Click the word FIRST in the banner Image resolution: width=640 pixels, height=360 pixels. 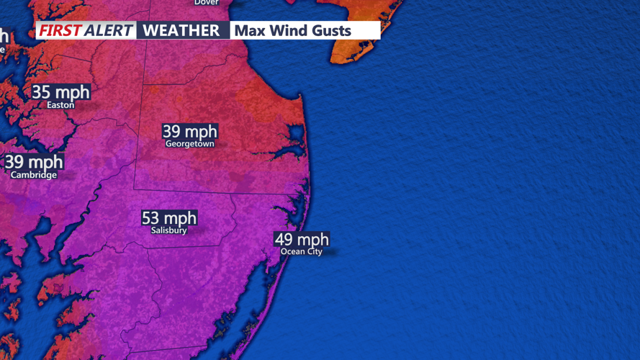coord(60,30)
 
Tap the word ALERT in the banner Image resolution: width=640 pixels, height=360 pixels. coord(108,30)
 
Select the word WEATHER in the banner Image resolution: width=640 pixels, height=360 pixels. coord(181,30)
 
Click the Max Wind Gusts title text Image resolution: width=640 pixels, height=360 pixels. coord(293,30)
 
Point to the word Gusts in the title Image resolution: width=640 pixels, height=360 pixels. coord(331,30)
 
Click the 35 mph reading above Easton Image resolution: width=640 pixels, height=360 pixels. coord(60,92)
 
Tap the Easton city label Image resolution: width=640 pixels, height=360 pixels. coord(60,105)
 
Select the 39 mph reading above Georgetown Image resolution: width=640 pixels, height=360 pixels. coord(189,132)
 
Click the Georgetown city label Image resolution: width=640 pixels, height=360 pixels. coord(189,144)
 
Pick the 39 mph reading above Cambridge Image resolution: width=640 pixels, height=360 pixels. coord(34,162)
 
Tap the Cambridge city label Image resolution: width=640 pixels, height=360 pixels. coord(33,175)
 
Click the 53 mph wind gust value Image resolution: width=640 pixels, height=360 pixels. coord(169,218)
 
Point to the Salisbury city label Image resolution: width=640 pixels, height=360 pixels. coord(169,230)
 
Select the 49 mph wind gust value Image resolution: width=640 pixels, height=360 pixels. coord(302,239)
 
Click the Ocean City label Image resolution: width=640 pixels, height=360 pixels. coord(302,251)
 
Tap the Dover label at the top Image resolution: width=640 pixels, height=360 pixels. coord(206,3)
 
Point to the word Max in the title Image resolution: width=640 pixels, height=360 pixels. coord(250,30)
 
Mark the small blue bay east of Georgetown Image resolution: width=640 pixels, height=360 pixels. coord(295,134)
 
